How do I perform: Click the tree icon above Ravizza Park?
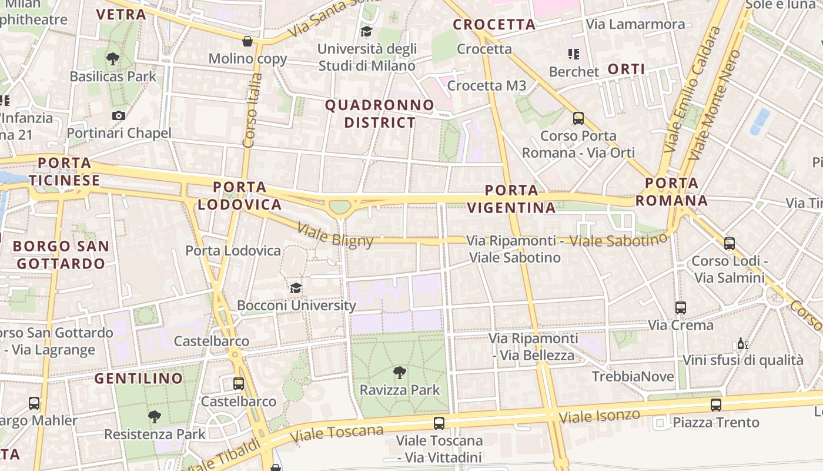(x=400, y=372)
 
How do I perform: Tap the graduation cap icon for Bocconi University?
(x=296, y=288)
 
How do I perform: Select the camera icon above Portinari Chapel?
(x=119, y=115)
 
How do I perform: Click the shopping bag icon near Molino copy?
(x=247, y=41)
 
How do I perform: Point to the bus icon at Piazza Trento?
(x=715, y=404)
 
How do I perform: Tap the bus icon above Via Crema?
(x=680, y=307)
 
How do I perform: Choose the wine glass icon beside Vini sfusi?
(x=742, y=343)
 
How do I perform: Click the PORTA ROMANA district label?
(x=671, y=191)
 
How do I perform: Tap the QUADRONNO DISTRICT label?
(x=380, y=114)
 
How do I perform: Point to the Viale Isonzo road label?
(x=599, y=416)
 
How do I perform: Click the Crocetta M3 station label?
(x=487, y=85)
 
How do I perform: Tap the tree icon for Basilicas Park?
(x=112, y=58)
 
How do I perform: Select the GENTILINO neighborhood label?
(x=139, y=378)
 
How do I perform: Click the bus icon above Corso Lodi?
(x=729, y=243)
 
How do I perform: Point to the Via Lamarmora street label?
(x=635, y=24)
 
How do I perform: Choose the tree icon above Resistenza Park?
(x=155, y=417)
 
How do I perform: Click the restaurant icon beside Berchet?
(x=574, y=54)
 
